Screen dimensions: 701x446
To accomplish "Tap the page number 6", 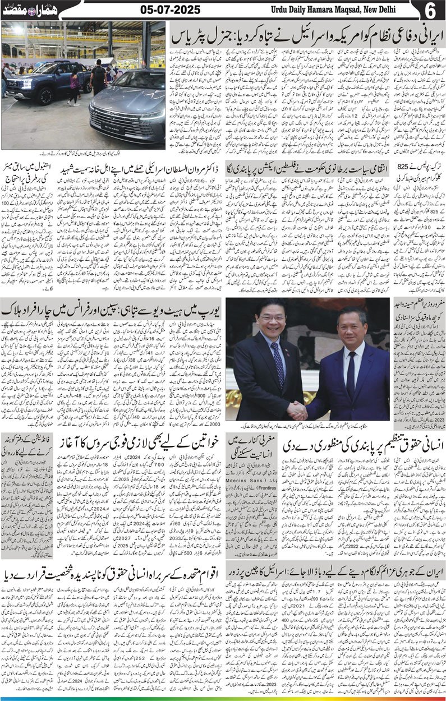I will (433, 11).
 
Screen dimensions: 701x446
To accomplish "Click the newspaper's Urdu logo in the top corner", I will (22, 11).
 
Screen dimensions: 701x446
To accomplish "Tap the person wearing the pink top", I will (73, 82).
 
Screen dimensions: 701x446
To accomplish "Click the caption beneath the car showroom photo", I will (84, 153).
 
